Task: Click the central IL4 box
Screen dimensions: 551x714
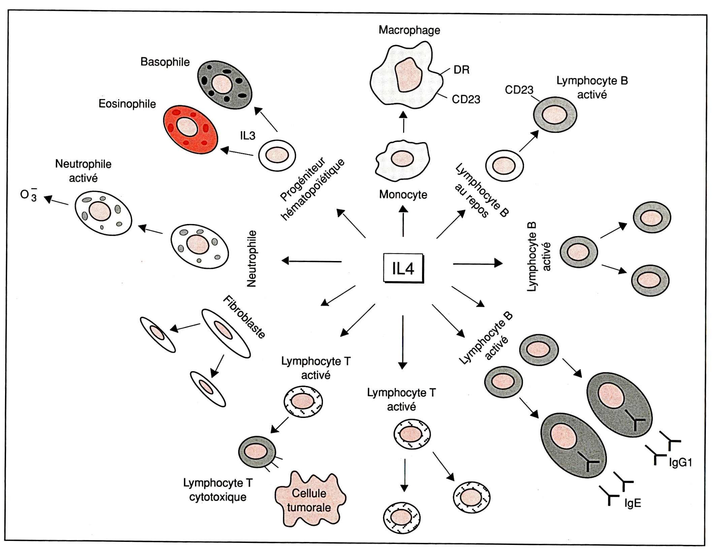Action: tap(403, 268)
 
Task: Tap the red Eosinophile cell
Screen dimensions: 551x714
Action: tap(190, 130)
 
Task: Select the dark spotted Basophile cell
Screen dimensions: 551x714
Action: tap(224, 85)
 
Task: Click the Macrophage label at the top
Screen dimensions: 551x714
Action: tap(409, 30)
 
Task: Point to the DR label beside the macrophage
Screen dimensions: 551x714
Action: tap(461, 70)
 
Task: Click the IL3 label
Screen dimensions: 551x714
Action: tap(248, 136)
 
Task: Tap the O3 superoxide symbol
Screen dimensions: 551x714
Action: tap(29, 195)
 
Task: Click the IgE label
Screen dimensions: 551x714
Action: tap(632, 503)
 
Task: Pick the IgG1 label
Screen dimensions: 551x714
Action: tap(680, 462)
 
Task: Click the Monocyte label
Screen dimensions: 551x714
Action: tap(403, 194)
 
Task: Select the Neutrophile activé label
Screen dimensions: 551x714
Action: tap(83, 171)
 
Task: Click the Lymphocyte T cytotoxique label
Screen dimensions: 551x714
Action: tap(218, 490)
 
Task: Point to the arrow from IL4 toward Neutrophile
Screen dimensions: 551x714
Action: tap(312, 261)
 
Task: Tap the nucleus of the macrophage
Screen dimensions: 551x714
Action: tap(409, 75)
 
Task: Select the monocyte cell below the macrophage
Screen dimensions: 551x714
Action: tap(403, 161)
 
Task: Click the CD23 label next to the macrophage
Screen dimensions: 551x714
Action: tap(466, 99)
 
